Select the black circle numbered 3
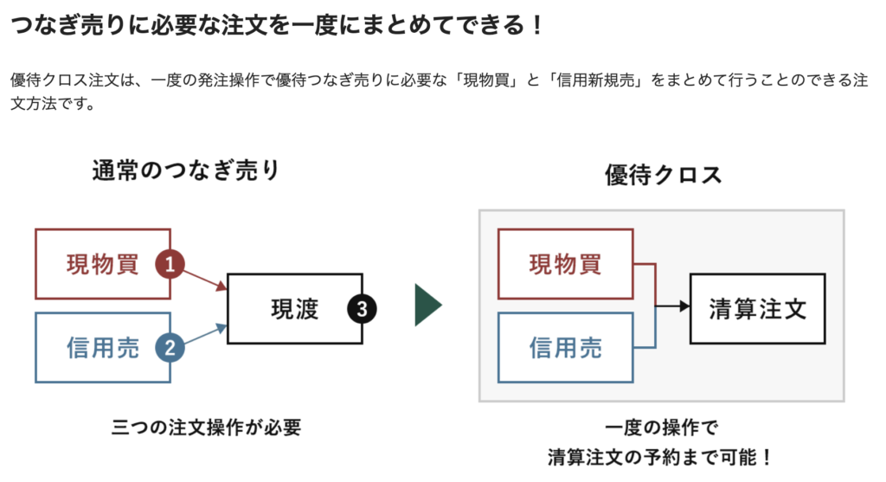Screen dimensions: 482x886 pos(362,307)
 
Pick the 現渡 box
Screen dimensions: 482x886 pos(294,308)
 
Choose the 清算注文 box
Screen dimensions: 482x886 pos(756,308)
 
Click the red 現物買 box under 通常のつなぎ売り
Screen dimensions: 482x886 pos(102,264)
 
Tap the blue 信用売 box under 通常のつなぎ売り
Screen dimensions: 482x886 pos(102,347)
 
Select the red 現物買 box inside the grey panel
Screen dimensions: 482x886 pos(565,264)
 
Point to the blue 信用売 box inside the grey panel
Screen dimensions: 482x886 pos(565,347)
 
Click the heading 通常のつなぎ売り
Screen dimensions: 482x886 pos(186,170)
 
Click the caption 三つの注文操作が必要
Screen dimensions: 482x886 pos(206,427)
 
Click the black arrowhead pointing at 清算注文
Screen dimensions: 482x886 pos(684,306)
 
